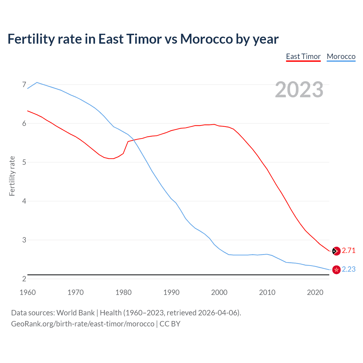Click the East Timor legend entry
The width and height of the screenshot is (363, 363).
[303, 56]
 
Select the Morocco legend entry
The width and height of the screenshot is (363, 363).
[341, 56]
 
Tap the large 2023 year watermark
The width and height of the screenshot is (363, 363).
[299, 90]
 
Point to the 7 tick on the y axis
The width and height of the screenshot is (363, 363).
[24, 85]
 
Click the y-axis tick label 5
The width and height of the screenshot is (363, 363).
[24, 162]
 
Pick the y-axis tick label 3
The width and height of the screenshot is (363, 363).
[24, 240]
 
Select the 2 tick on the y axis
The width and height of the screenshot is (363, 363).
[24, 279]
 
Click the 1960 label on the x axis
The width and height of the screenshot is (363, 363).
[28, 292]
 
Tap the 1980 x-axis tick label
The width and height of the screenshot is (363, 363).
[123, 292]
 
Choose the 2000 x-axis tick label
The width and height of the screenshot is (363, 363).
[219, 292]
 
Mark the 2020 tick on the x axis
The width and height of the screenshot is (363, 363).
[315, 292]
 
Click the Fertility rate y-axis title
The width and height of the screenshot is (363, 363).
[12, 176]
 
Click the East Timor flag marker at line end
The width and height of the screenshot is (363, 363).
[336, 251]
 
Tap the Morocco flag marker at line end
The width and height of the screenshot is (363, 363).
[336, 270]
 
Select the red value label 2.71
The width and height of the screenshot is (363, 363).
[349, 251]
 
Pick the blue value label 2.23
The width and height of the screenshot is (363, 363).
[349, 269]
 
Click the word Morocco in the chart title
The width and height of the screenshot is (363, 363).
[206, 39]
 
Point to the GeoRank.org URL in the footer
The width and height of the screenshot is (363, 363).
[83, 324]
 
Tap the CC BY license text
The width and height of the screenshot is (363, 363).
[170, 324]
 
